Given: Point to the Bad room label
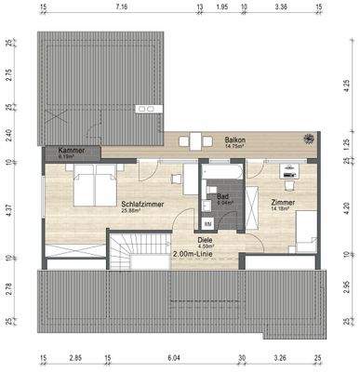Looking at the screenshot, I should [223, 196].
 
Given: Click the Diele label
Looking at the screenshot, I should [204, 238].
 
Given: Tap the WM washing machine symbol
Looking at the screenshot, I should [207, 223].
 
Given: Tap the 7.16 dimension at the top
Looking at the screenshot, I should [121, 7].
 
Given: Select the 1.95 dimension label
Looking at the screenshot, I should [221, 7].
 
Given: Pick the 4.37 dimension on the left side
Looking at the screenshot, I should [7, 211].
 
